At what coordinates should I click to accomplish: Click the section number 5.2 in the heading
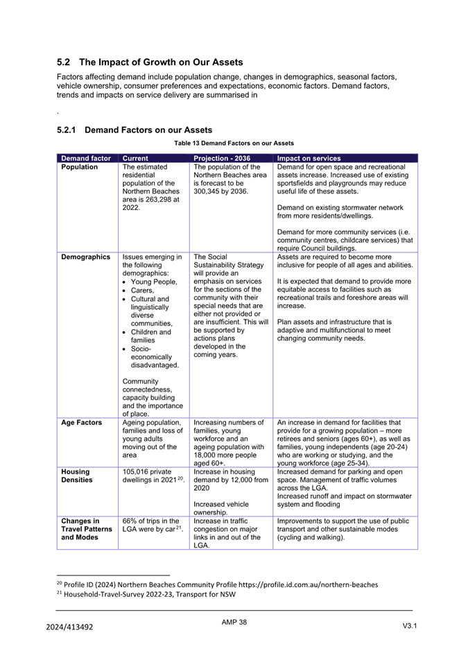pos(64,62)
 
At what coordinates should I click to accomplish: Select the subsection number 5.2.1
pos(69,130)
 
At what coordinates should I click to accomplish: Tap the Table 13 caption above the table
pos(234,143)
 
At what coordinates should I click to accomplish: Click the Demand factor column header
pos(85,158)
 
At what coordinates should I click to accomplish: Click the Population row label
pos(79,167)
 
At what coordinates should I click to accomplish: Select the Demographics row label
pos(85,257)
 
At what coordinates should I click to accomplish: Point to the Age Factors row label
pos(81,422)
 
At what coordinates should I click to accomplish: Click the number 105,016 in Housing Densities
pos(137,471)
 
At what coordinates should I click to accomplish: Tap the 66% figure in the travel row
pos(130,521)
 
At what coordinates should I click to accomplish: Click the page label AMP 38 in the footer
pos(234,622)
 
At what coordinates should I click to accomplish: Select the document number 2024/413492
pos(69,627)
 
